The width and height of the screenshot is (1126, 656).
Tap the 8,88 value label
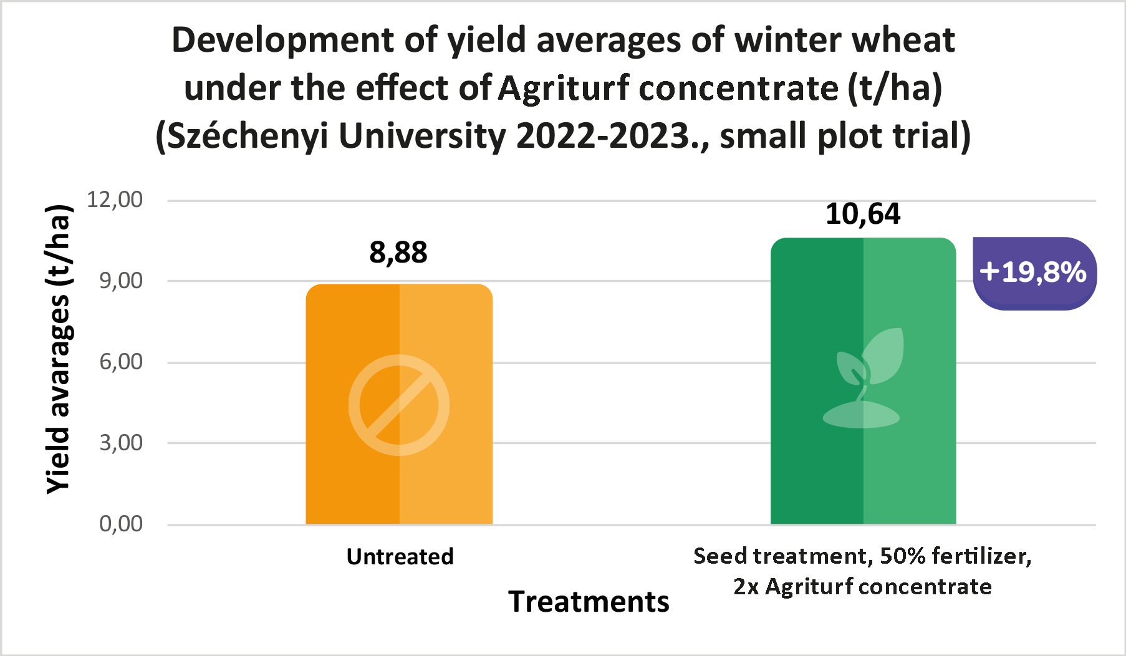pos(398,253)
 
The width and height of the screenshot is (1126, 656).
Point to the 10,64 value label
pos(863,214)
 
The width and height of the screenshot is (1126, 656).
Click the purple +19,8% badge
pos(1033,273)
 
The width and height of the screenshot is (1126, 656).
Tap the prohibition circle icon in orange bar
pos(399,405)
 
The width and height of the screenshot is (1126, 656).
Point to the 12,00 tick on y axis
pos(115,200)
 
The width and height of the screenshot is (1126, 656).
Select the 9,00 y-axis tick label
pos(121,281)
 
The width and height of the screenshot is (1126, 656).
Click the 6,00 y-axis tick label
pos(121,362)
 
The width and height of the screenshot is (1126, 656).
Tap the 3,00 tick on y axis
pos(121,443)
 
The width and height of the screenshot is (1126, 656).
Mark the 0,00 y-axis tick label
pos(121,524)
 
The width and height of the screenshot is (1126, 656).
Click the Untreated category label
pos(400,556)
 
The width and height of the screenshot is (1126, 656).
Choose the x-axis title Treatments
pos(589,602)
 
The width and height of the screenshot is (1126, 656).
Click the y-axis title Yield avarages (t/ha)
pos(59,349)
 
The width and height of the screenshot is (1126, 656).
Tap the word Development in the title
pos(283,40)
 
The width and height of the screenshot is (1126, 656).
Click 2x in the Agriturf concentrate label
pos(746,587)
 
